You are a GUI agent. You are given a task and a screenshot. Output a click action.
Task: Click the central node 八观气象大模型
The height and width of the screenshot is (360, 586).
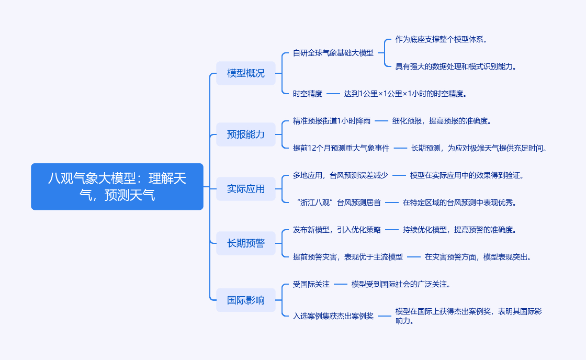[117, 187]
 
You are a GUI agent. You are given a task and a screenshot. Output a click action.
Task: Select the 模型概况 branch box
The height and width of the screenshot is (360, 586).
[246, 73]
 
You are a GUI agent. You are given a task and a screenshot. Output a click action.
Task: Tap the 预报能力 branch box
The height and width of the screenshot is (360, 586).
[246, 134]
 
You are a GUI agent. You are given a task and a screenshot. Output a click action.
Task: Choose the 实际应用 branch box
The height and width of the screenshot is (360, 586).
[246, 189]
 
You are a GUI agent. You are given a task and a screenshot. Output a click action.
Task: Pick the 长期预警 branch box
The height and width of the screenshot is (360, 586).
[246, 243]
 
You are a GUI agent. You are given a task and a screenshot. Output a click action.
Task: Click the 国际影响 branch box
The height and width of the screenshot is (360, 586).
[246, 300]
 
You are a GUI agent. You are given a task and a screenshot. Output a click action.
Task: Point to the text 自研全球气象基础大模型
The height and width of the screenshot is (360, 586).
[333, 53]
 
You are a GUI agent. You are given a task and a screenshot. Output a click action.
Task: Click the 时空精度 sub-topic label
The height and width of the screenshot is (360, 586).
[308, 94]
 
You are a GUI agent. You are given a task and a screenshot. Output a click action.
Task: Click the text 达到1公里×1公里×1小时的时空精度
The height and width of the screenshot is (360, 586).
[405, 94]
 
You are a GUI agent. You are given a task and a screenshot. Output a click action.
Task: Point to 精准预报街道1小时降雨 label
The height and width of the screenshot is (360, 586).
[332, 121]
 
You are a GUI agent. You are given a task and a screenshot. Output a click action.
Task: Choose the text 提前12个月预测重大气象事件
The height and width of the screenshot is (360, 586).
[341, 148]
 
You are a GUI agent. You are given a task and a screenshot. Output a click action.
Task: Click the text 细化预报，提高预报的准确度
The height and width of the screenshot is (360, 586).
[443, 121]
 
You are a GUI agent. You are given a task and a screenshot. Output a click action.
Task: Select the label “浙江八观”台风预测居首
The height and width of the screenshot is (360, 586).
[337, 203]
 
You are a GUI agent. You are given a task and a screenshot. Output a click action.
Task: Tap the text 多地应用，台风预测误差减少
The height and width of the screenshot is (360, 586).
[341, 175]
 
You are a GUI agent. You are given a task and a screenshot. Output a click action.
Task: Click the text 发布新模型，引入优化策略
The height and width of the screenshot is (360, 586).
[337, 230]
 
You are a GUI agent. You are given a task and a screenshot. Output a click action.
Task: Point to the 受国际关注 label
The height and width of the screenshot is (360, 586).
[311, 284]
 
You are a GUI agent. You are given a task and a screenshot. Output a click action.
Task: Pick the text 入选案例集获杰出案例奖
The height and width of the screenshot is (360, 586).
[333, 316]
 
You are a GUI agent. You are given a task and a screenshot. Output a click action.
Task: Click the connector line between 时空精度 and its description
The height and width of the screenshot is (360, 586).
[333, 94]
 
